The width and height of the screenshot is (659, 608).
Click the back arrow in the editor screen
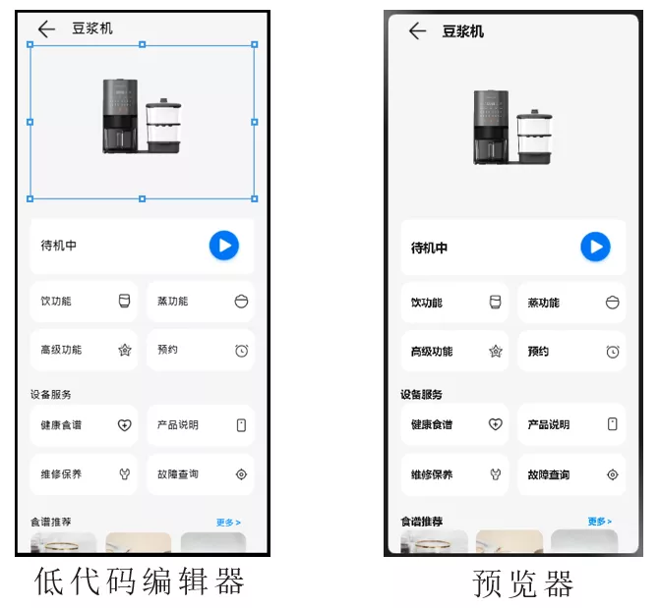click(46, 28)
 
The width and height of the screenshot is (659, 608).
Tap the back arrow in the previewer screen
click(417, 31)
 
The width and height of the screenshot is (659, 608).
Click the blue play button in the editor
click(224, 246)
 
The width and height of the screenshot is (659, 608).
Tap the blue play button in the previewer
click(595, 247)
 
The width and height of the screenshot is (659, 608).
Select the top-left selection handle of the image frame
click(30, 44)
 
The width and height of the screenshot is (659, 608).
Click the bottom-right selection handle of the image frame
click(255, 198)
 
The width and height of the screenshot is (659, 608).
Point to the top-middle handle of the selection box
click(142, 44)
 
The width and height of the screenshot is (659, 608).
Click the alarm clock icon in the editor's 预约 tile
click(242, 351)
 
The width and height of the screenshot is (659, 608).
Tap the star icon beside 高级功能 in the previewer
click(496, 352)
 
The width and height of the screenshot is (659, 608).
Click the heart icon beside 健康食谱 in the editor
click(124, 425)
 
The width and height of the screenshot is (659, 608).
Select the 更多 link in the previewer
click(600, 522)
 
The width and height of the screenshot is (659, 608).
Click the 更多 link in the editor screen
click(228, 523)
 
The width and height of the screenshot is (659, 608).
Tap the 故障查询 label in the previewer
click(549, 475)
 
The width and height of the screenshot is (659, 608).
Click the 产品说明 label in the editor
click(178, 425)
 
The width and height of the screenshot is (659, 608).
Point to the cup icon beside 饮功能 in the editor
click(124, 301)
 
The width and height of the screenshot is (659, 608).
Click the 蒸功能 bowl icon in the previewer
click(613, 303)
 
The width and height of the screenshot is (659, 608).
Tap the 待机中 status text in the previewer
click(429, 248)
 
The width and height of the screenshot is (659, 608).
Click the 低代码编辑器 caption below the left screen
click(139, 581)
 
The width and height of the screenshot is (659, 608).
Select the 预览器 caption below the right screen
click(522, 583)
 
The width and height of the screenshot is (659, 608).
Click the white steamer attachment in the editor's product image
click(163, 125)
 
